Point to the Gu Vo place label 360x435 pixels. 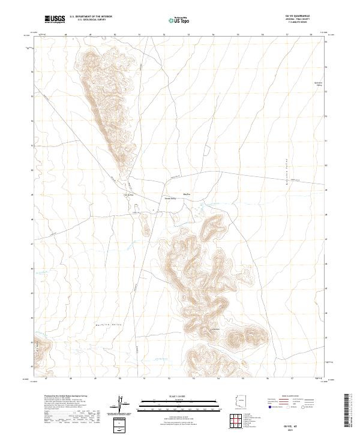point(187,193)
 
